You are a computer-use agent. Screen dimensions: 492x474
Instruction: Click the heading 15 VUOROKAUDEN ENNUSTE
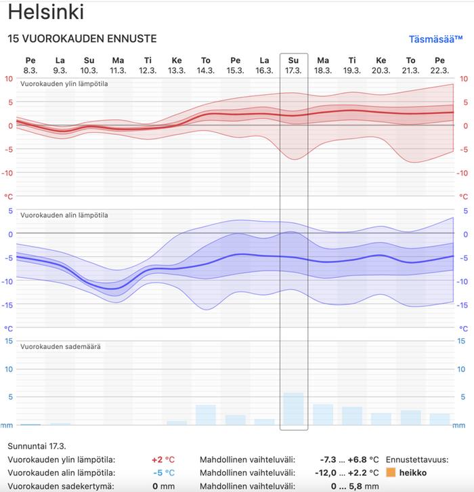click(x=82, y=39)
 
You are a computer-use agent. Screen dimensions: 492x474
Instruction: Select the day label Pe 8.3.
click(x=30, y=65)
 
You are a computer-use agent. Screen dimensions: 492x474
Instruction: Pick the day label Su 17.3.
click(x=293, y=65)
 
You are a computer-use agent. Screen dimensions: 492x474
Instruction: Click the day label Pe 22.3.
click(x=439, y=65)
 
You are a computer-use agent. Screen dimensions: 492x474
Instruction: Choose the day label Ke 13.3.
click(x=177, y=65)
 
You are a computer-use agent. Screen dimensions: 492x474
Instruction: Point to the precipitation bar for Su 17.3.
click(x=293, y=409)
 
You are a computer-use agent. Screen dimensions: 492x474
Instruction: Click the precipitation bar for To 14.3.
click(x=206, y=415)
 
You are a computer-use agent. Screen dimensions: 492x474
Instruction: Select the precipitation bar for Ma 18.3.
click(x=323, y=415)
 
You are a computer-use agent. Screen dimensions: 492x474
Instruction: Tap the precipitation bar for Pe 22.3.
click(x=439, y=419)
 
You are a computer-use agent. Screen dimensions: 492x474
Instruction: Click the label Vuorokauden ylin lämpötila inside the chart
click(x=64, y=84)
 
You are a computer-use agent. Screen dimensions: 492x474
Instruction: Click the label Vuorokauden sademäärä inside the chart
click(x=61, y=346)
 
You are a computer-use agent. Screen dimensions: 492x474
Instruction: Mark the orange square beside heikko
click(x=391, y=472)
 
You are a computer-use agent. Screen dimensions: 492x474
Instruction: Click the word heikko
click(x=413, y=472)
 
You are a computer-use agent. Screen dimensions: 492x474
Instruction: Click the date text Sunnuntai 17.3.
click(x=37, y=445)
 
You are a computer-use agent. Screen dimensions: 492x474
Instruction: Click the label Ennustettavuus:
click(x=416, y=459)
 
